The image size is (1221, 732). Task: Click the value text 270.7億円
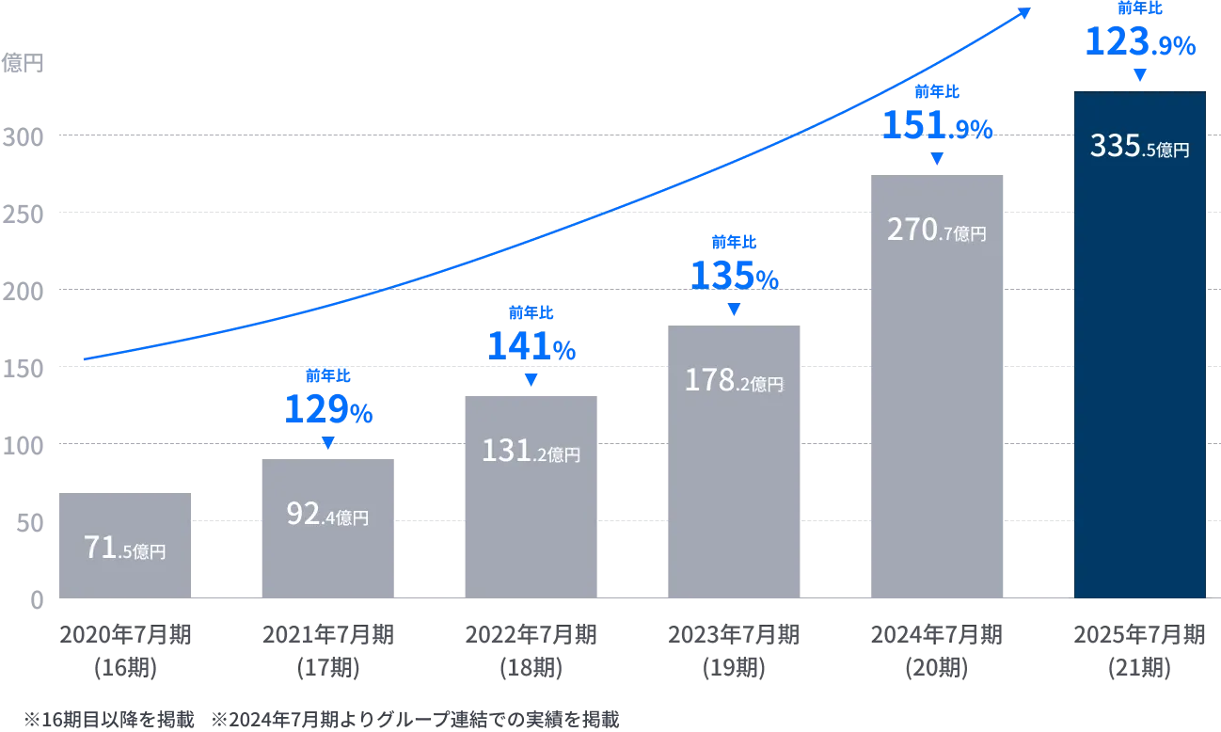point(937,231)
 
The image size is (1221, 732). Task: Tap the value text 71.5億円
point(124,549)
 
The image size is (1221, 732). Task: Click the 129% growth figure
point(329,410)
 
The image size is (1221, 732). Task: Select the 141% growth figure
point(531,347)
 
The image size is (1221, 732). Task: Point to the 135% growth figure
point(735,275)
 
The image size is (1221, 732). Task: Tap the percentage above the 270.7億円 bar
point(937,125)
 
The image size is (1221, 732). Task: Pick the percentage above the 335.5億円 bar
point(1139,43)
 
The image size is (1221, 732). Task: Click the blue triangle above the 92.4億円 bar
point(327,444)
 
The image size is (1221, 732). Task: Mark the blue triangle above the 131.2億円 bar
point(531,379)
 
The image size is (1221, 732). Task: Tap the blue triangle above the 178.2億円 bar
point(734,309)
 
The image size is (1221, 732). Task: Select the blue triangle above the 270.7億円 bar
point(937,159)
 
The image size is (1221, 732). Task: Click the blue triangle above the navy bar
point(1140,76)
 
